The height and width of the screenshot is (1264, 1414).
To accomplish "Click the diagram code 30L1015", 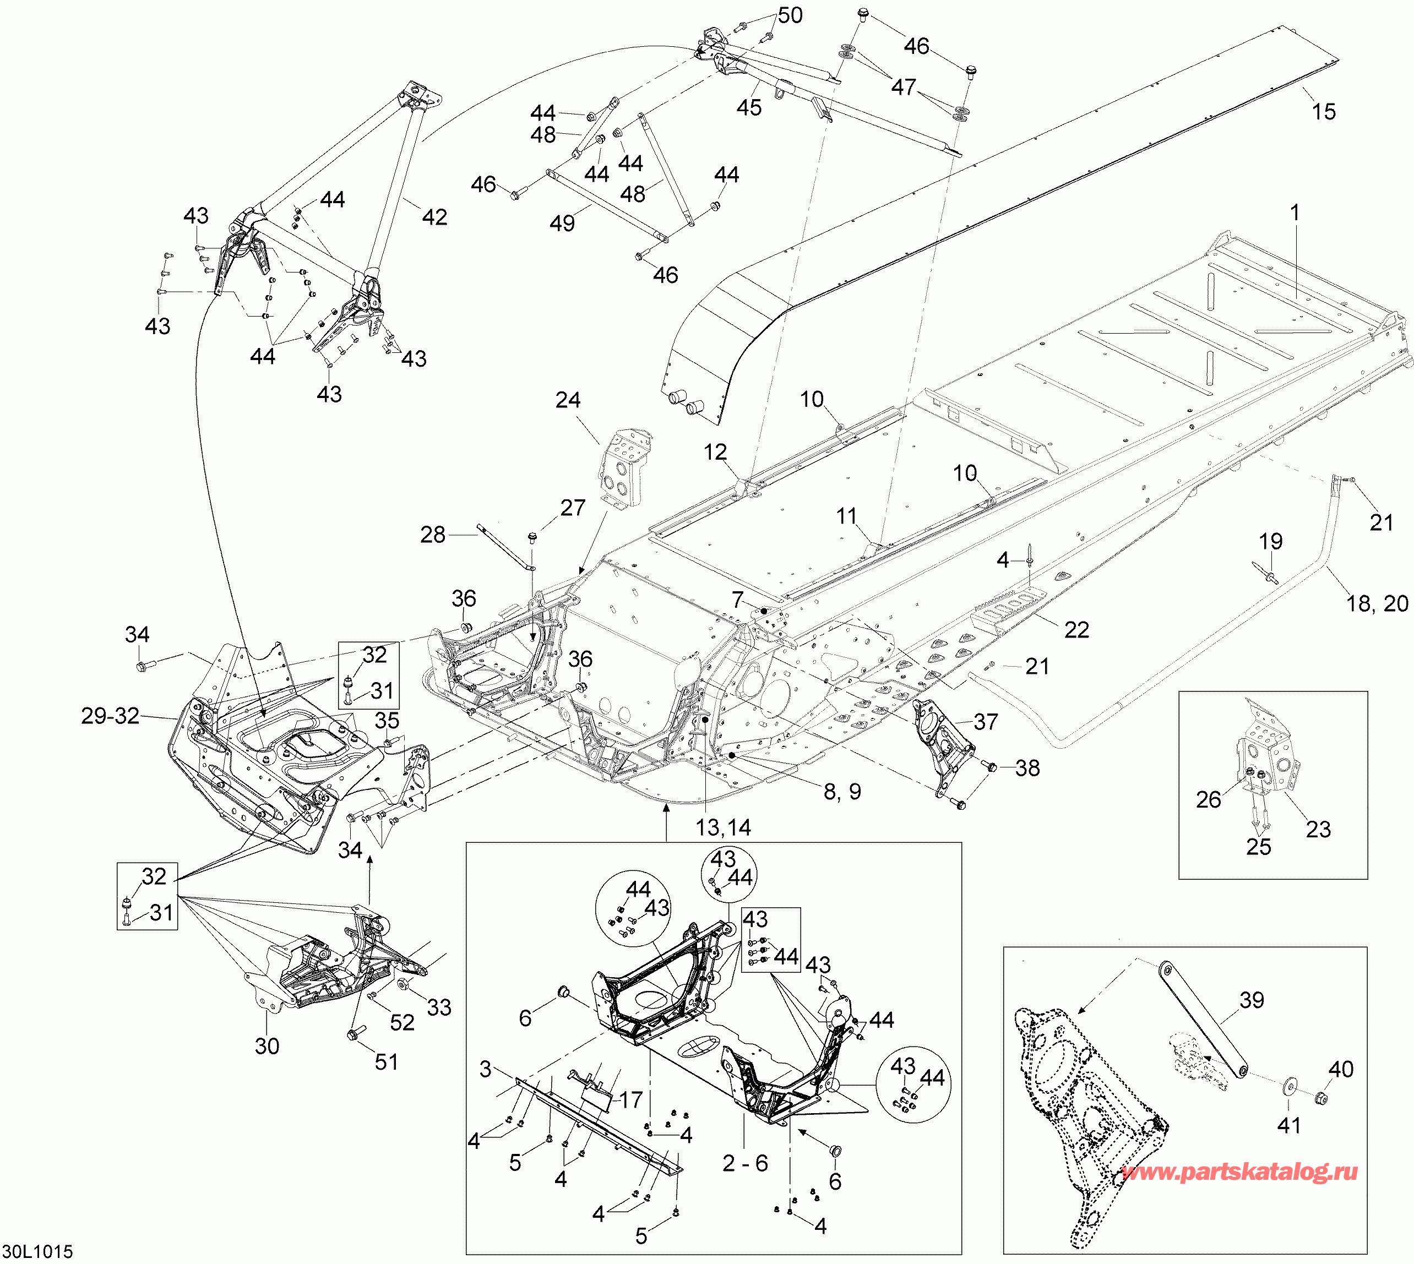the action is (37, 1251).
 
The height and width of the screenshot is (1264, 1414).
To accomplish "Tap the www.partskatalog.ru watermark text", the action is (1239, 1172).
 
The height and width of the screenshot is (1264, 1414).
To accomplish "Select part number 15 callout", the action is (1323, 111).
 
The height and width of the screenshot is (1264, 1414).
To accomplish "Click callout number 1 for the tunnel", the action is (1294, 212).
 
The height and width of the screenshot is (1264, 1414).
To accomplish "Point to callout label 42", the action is (435, 217).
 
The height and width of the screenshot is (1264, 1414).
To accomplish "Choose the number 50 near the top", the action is (790, 15).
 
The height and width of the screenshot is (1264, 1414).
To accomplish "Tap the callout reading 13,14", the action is (724, 827).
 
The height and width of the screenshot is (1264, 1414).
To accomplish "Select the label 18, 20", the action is (1377, 603).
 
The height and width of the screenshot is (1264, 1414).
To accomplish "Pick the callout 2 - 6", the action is (745, 1163).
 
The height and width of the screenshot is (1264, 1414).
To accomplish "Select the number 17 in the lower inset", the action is (630, 1099).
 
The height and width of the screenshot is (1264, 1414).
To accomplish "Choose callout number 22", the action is (1077, 629).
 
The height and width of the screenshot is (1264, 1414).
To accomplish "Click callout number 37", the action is (986, 722).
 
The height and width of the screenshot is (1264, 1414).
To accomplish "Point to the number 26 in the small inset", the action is (1209, 799).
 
